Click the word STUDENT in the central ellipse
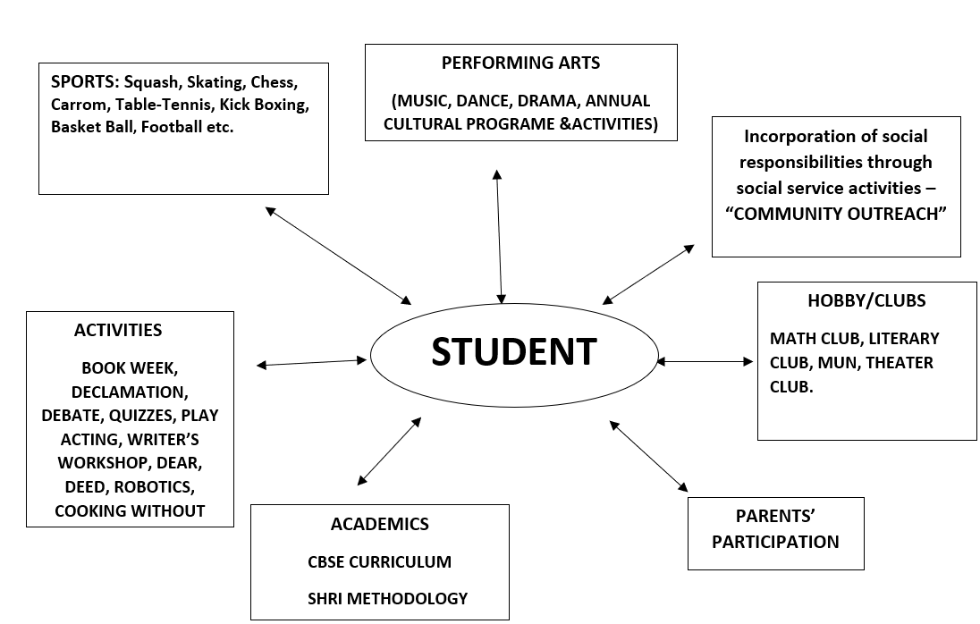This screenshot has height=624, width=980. [x=513, y=351]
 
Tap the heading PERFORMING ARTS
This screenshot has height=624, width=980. [x=520, y=63]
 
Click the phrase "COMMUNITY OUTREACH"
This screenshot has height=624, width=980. [x=836, y=215]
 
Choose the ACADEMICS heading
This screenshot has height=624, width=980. [x=379, y=524]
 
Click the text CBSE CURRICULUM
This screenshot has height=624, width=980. [x=379, y=562]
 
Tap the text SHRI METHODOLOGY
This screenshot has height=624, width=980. [x=387, y=598]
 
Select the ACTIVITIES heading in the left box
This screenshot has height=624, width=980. [x=118, y=330]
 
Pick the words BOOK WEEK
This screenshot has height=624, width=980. [x=136, y=367]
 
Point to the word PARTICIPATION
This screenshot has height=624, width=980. [x=775, y=542]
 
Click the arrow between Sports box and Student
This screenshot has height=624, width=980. [x=339, y=255]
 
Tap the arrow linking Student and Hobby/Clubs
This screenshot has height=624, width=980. [x=705, y=362]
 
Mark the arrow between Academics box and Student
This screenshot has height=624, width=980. [x=388, y=451]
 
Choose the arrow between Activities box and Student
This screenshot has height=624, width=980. [x=311, y=362]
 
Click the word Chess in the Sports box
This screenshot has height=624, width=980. [x=274, y=82]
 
